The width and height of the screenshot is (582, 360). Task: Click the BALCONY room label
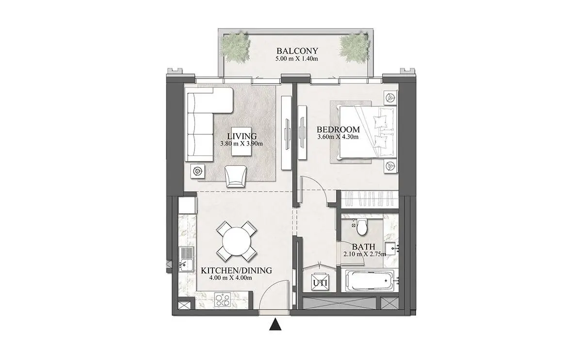[297, 50]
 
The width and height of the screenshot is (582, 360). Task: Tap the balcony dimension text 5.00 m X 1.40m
[297, 59]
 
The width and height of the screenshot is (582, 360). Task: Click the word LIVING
[242, 136]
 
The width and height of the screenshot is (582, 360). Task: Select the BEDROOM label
[339, 129]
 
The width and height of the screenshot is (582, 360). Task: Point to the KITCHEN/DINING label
[237, 271]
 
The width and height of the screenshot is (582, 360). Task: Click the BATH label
[364, 246]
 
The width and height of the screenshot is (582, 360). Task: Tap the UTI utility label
[320, 283]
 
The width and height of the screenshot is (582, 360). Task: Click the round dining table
[237, 241]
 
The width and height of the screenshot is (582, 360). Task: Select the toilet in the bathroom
[362, 227]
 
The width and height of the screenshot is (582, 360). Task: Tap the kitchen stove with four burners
[223, 300]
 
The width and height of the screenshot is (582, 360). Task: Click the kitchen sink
[186, 260]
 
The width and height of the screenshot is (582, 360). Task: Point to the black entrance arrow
[275, 325]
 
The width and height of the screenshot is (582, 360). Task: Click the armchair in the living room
[236, 176]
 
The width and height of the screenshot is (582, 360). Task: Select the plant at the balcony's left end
[236, 49]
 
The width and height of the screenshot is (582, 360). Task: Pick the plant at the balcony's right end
[354, 49]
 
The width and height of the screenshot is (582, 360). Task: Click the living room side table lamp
[198, 171]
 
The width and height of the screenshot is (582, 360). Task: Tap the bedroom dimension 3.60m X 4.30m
[338, 137]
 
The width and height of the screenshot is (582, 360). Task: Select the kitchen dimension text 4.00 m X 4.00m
[231, 278]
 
